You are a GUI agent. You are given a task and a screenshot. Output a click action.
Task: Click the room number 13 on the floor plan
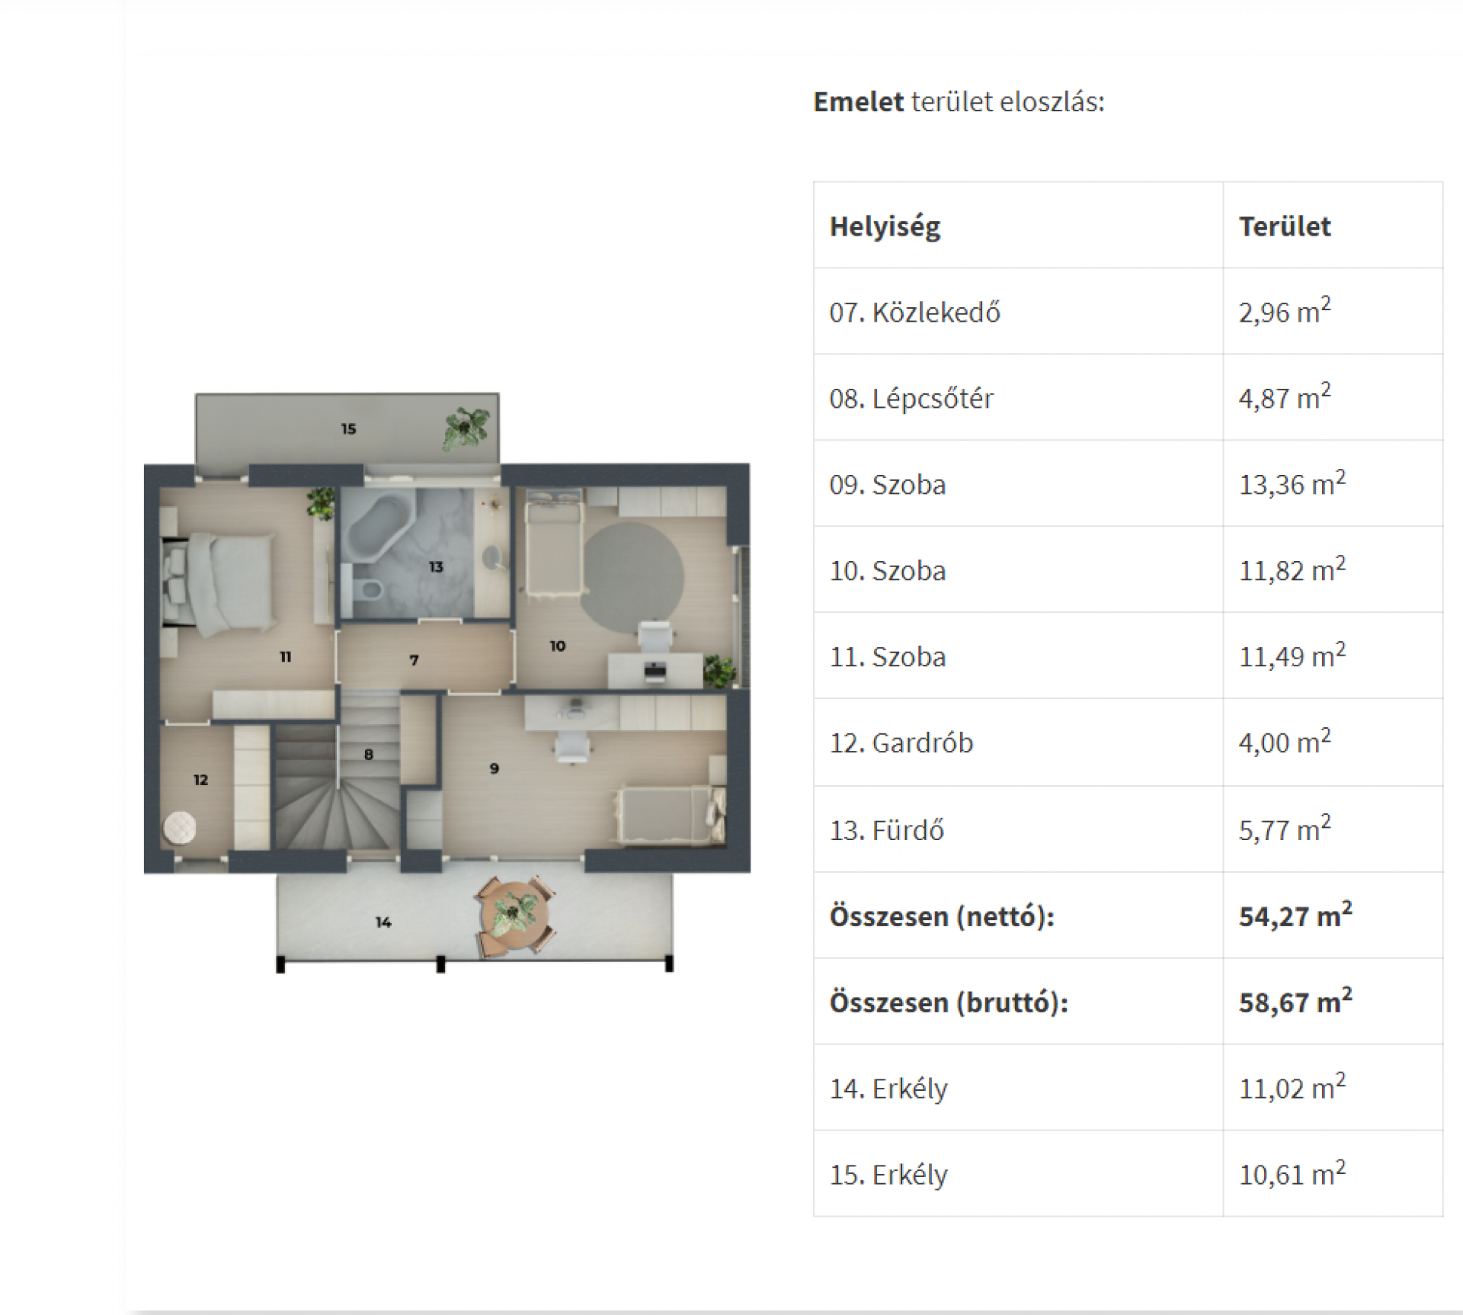tap(436, 566)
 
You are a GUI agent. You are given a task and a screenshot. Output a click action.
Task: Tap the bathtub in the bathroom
tap(376, 526)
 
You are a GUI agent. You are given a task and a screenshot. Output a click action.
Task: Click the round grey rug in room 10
tap(632, 576)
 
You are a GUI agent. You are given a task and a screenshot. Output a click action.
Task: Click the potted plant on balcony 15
tap(466, 428)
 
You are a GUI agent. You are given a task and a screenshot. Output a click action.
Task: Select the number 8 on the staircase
tap(369, 754)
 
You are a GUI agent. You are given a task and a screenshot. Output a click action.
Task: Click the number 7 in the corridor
tap(414, 659)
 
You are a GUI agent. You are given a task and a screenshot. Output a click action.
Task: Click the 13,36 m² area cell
tap(1292, 483)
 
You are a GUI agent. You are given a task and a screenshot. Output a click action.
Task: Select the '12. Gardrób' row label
tap(901, 742)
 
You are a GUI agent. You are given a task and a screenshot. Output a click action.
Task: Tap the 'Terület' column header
tap(1285, 226)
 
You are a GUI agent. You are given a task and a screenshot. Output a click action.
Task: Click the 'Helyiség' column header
tap(885, 226)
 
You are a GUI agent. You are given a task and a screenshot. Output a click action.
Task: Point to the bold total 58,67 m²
tap(1295, 1000)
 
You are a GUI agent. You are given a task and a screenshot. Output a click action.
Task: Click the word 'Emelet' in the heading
tap(858, 101)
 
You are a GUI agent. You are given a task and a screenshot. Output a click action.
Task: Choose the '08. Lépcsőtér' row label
tap(911, 398)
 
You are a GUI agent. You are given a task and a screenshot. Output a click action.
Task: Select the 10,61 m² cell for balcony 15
tap(1292, 1172)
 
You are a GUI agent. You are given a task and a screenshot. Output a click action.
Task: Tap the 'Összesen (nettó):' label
tap(942, 916)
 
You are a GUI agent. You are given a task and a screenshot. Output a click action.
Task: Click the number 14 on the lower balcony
tap(383, 922)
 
